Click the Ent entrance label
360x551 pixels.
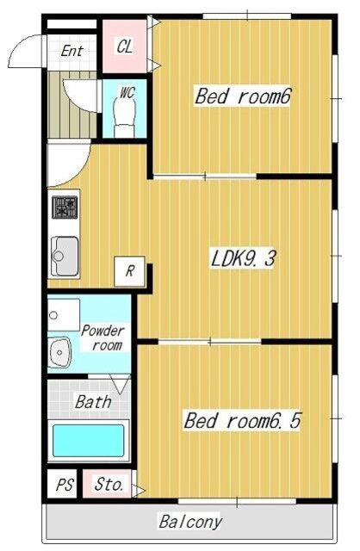click(72, 52)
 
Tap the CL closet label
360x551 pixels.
click(125, 46)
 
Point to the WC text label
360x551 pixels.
click(127, 92)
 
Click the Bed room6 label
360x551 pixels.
click(243, 96)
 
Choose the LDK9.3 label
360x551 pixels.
click(243, 258)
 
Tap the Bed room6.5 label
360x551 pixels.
click(242, 420)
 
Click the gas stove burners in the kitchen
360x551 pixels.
click(65, 207)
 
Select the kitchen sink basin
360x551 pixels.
click(65, 257)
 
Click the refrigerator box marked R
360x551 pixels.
click(130, 271)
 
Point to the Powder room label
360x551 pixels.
click(103, 338)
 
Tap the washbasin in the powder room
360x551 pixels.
click(59, 352)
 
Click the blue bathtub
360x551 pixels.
click(88, 440)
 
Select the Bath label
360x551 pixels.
click(93, 402)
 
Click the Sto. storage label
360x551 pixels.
click(109, 485)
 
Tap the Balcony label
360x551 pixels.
click(190, 523)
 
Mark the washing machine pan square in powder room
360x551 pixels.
click(64, 315)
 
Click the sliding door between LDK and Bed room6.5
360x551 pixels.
click(210, 341)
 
